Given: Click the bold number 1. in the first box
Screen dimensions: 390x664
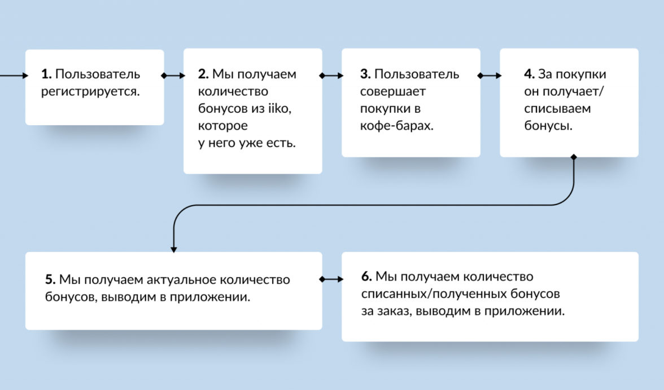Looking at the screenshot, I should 46,74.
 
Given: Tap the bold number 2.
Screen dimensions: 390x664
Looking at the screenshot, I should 204,74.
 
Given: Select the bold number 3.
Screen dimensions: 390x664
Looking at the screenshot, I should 365,74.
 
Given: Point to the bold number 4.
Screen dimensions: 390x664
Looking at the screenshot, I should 529,74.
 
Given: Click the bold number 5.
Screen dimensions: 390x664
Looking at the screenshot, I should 50,280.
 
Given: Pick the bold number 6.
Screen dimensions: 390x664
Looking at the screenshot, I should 366,277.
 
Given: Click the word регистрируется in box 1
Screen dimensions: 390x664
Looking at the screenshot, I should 90,91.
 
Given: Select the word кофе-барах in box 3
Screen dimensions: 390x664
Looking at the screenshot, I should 396,126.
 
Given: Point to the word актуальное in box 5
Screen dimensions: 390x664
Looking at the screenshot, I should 182,280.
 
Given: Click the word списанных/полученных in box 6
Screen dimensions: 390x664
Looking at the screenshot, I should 461,294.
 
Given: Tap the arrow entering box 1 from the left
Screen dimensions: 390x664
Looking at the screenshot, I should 14,75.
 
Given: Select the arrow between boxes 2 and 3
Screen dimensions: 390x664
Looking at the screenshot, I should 332,75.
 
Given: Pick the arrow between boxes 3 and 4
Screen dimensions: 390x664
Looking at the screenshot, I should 490,75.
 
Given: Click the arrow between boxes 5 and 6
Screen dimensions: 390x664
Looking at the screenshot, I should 332,279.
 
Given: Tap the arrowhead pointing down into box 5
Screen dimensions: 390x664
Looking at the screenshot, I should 174,248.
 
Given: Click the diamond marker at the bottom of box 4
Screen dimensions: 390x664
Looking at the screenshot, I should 574,157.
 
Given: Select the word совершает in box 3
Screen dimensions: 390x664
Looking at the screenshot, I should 393,91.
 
